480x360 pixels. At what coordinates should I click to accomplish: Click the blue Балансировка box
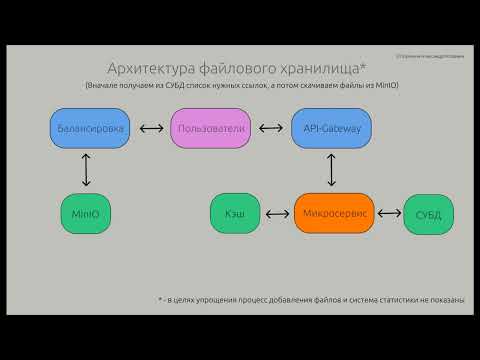click(x=86, y=128)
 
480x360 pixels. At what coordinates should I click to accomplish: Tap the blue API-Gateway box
click(x=330, y=128)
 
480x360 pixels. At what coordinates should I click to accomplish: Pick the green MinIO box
click(x=86, y=214)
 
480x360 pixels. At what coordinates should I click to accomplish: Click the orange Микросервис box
click(x=330, y=214)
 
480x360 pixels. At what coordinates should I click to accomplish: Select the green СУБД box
click(x=428, y=214)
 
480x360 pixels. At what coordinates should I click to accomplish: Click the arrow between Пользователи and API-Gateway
click(x=269, y=128)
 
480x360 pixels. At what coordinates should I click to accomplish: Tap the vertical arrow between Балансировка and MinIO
click(x=86, y=171)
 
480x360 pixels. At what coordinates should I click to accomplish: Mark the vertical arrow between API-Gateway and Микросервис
click(x=330, y=171)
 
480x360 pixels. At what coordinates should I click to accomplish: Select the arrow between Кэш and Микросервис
click(x=278, y=214)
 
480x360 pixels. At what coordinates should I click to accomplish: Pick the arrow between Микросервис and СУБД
click(x=383, y=214)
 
